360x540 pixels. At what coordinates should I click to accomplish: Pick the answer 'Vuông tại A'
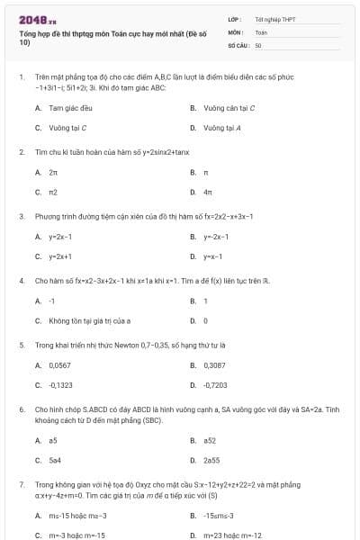[222, 128]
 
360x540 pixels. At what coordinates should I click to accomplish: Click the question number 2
[22, 150]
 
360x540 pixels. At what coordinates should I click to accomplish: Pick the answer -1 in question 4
[52, 301]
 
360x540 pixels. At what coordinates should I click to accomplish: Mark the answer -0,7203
[215, 385]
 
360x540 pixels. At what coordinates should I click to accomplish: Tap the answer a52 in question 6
[209, 440]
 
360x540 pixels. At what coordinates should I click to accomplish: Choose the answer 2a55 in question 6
[211, 461]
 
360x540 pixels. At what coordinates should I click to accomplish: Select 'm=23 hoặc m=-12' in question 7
[233, 535]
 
